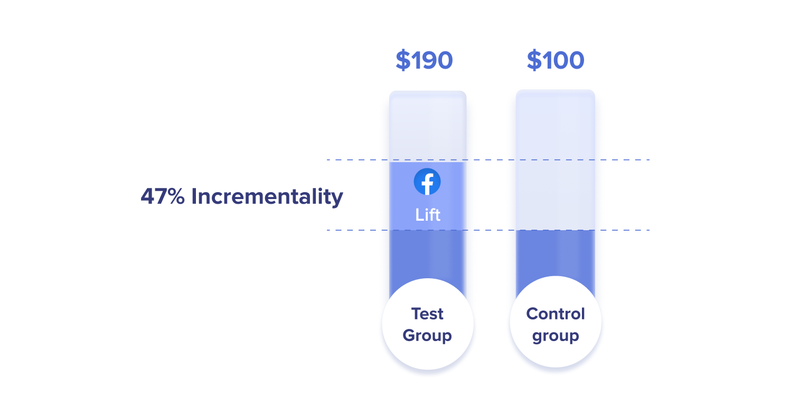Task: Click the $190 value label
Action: pyautogui.click(x=424, y=61)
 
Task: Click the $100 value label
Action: pyautogui.click(x=556, y=61)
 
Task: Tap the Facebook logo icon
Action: pyautogui.click(x=427, y=182)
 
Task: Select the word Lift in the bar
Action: pyautogui.click(x=428, y=215)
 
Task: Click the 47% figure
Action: pyautogui.click(x=163, y=197)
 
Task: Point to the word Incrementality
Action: pyautogui.click(x=267, y=197)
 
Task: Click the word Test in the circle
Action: pyautogui.click(x=427, y=314)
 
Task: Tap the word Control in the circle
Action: pyautogui.click(x=556, y=314)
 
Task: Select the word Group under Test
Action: pyautogui.click(x=427, y=336)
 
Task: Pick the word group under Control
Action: pyautogui.click(x=556, y=336)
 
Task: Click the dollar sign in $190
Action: pyautogui.click(x=403, y=61)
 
